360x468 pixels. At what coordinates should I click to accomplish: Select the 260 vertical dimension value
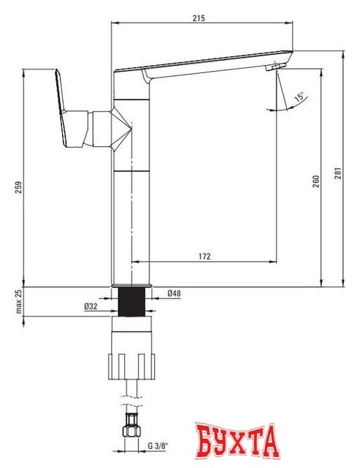tap(315, 181)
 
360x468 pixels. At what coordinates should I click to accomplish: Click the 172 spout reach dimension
tap(204, 256)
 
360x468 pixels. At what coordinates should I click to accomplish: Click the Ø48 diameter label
tap(174, 293)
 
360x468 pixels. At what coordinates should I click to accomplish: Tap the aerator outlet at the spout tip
tap(275, 68)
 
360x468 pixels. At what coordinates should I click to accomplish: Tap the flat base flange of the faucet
tap(132, 284)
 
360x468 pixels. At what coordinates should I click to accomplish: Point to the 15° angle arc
tap(285, 106)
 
